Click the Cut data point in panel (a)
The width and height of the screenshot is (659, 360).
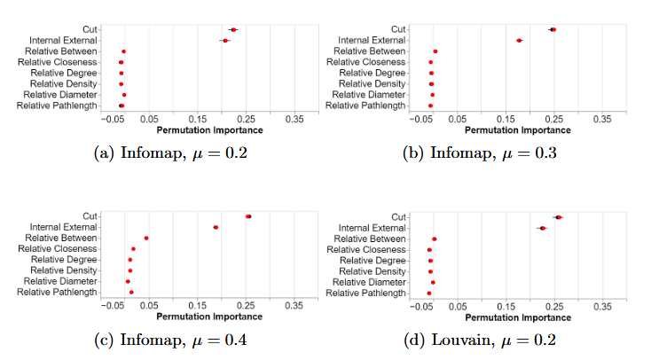click(233, 30)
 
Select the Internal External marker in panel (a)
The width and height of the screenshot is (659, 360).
click(225, 41)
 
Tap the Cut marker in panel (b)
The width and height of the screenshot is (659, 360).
click(553, 29)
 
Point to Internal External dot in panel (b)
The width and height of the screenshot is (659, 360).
click(519, 41)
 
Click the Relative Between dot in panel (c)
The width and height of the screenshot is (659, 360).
click(145, 238)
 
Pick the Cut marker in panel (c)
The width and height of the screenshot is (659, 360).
click(248, 216)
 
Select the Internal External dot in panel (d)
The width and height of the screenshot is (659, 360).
click(542, 228)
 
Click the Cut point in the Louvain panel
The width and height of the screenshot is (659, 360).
click(558, 217)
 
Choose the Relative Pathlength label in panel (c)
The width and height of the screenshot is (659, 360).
click(58, 292)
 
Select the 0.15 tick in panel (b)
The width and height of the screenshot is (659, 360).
click(506, 119)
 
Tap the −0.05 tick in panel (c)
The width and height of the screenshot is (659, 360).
click(114, 306)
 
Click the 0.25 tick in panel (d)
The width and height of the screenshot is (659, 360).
click(553, 306)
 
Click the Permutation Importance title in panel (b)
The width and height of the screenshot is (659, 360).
click(506, 129)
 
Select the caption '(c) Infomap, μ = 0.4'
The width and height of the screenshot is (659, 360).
click(172, 340)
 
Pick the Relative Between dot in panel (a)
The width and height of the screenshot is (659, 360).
click(123, 51)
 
